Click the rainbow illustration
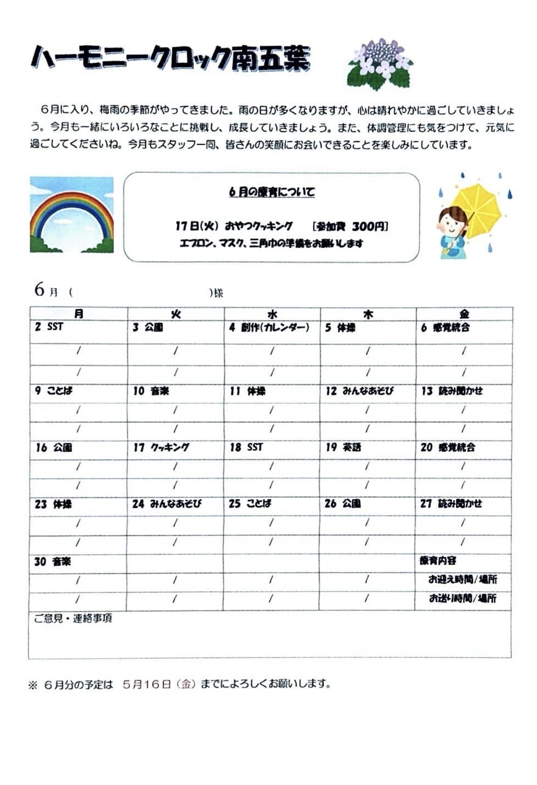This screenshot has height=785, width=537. [72, 215]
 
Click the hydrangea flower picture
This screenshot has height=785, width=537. [380, 64]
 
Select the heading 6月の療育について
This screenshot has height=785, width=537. [272, 192]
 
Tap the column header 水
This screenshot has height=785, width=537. [272, 314]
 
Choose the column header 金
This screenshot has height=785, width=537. [464, 314]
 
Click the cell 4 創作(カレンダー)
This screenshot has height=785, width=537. [269, 328]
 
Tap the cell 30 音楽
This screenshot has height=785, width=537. [53, 561]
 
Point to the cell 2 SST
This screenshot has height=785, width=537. [49, 327]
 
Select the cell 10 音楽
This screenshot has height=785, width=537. [151, 391]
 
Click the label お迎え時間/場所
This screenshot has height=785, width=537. [462, 579]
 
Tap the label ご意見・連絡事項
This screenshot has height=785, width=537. [73, 618]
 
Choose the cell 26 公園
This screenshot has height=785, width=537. [343, 504]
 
